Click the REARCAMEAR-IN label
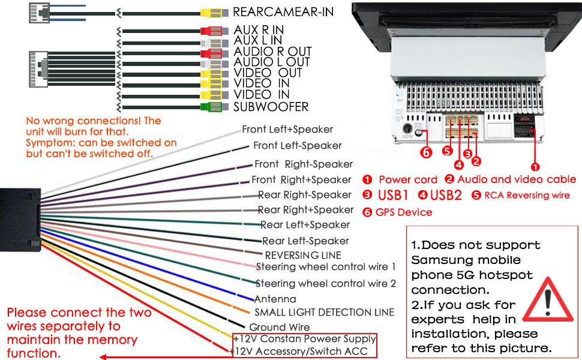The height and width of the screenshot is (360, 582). [283, 11]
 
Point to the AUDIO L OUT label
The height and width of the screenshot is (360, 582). [271, 62]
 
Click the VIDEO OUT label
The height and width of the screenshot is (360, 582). [268, 73]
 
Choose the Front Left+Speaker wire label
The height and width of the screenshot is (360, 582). [287, 129]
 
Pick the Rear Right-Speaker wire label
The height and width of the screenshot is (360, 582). [305, 194]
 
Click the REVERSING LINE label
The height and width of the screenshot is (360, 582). [303, 255]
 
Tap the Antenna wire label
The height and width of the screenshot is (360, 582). [275, 299]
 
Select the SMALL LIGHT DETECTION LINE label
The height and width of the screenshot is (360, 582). [324, 312]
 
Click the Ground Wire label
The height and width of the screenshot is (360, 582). [280, 327]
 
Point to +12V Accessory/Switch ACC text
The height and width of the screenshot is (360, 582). [305, 352]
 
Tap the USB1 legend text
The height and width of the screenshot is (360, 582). [393, 195]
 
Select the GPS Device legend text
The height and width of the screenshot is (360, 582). [404, 212]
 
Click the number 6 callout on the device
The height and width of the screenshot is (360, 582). [426, 152]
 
